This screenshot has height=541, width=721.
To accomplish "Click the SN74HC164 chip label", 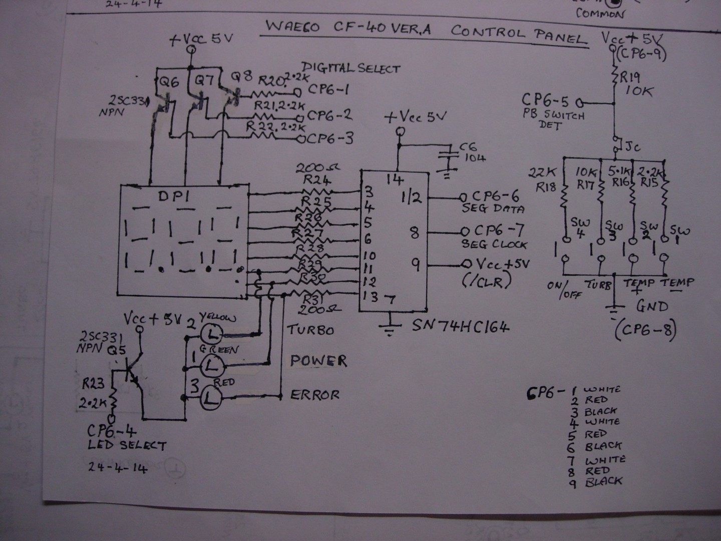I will coord(461,327).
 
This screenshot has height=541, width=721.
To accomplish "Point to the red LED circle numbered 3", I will coord(212,399).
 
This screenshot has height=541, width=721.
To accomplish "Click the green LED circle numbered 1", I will coord(212,366).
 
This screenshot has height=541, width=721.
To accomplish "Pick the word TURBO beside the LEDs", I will coord(310,330).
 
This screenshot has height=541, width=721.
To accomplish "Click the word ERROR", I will coord(315,395).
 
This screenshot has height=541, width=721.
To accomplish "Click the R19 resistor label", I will coord(630,77).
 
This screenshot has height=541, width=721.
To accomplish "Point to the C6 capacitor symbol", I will coord(448,155).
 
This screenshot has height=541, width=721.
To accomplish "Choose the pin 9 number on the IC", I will coord(415,264).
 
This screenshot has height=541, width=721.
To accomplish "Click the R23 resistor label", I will coord(94,384).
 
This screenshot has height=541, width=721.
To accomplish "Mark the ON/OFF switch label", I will coord(564,289).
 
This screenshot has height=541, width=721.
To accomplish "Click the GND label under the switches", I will coord(652,306).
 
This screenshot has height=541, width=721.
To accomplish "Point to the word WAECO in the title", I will coord(292,27).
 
